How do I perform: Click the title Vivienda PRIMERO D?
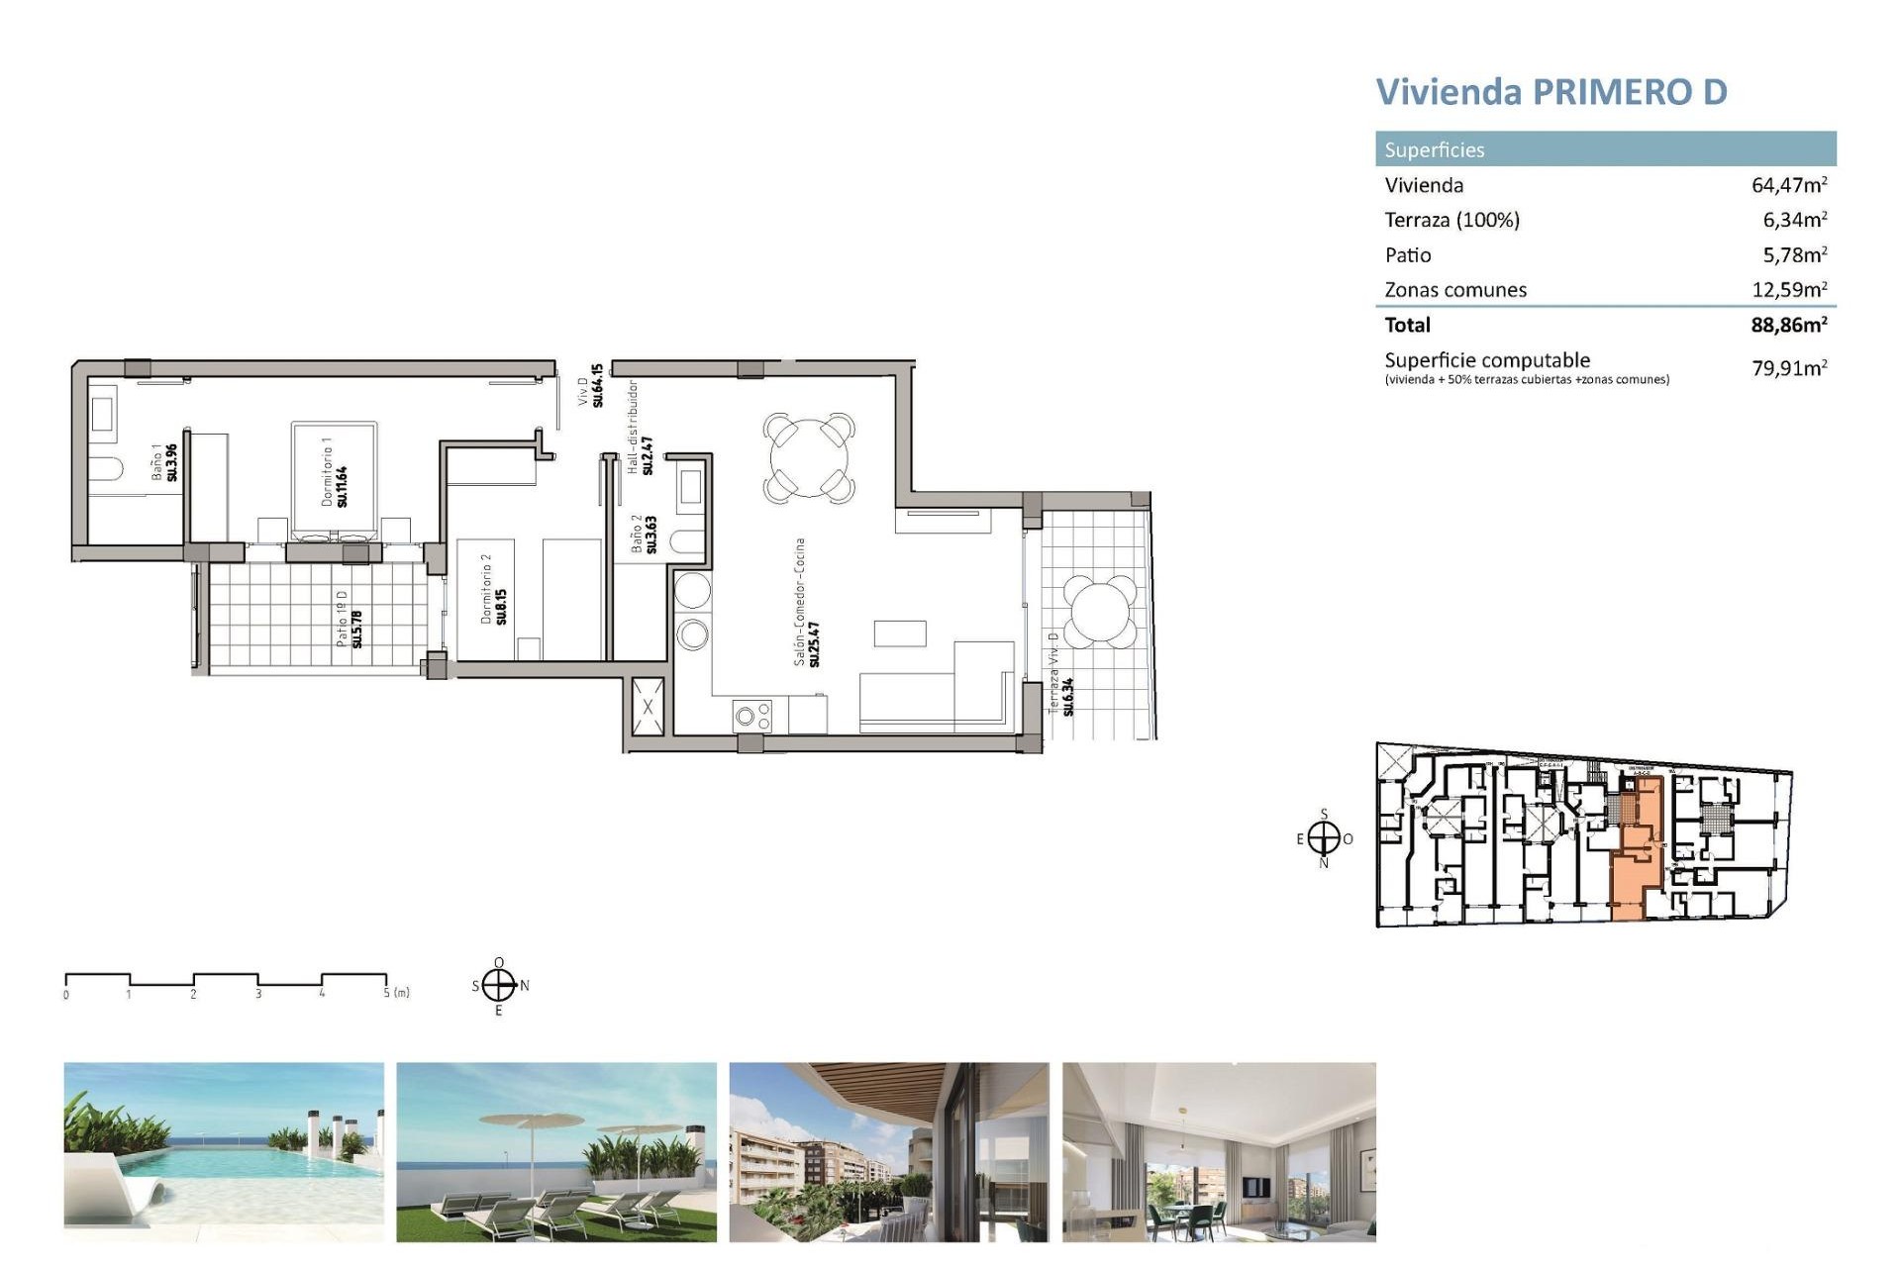1551,92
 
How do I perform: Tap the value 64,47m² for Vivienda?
1788,185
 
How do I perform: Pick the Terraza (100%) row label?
1451,220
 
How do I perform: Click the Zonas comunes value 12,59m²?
1788,290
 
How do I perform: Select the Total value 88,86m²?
1788,325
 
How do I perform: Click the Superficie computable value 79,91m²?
1788,368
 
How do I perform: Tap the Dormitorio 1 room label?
334,472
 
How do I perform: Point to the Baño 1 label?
163,462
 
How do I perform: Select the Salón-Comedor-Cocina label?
806,602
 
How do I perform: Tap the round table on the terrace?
1098,611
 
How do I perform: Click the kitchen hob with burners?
751,716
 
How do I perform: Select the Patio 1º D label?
349,619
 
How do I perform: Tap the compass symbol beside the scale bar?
499,986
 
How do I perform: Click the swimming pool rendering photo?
224,1151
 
